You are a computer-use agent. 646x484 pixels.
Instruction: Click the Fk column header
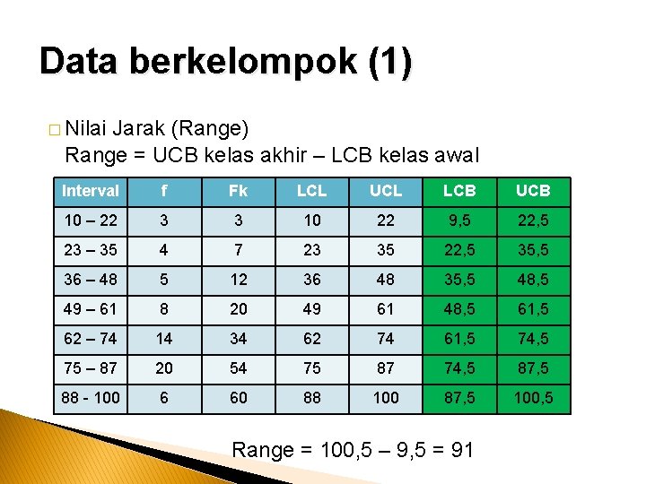238,191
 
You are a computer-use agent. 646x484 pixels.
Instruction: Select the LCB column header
460,191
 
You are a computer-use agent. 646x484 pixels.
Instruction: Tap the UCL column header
386,191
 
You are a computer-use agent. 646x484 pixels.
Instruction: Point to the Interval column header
90,191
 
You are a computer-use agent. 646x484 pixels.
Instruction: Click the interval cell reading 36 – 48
90,279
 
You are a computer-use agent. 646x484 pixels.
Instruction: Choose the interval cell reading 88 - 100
90,397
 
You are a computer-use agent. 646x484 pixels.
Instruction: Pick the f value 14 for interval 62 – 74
164,338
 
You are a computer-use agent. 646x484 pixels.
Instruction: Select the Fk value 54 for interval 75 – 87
238,367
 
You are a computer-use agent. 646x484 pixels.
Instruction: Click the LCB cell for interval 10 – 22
460,220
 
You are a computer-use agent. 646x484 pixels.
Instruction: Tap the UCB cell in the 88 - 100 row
534,397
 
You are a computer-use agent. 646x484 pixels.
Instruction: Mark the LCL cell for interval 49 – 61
312,308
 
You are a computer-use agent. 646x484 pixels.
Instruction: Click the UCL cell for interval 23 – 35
386,250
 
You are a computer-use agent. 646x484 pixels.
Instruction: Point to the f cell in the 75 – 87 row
164,367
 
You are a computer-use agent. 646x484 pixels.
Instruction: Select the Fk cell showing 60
238,397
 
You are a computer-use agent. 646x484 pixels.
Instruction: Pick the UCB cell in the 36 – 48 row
534,279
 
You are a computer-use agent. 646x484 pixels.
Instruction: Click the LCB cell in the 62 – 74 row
460,338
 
